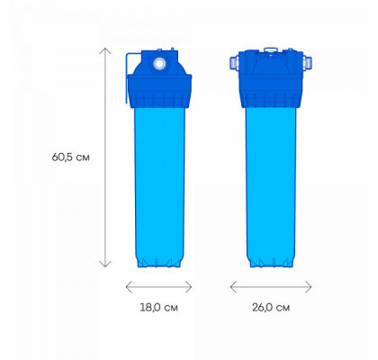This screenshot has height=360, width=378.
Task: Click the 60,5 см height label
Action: (71, 157)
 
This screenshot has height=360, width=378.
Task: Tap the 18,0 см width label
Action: (158, 308)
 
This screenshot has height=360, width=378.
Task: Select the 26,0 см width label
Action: (271, 308)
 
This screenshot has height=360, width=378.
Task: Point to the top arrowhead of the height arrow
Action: (105, 51)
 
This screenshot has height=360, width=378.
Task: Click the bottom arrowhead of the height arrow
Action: (105, 264)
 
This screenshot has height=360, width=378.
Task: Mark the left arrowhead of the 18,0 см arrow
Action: (129, 287)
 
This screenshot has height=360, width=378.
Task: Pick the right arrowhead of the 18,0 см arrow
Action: (188, 287)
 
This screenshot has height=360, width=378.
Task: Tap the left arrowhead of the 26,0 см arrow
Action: (234, 287)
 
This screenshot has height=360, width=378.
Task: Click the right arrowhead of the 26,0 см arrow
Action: (308, 287)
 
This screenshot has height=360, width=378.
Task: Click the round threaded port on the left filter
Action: (159, 63)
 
